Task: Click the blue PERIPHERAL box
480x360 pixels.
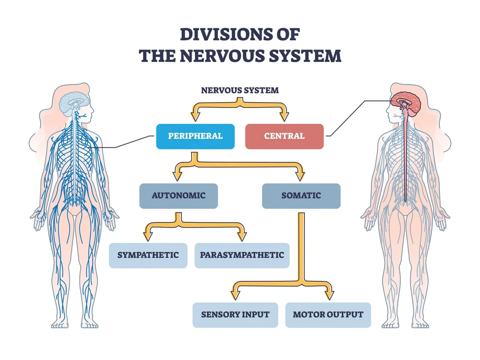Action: click(x=195, y=136)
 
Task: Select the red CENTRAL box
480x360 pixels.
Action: click(x=284, y=136)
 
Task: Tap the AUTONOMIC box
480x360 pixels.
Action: click(x=179, y=196)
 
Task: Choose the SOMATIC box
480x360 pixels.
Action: click(x=301, y=196)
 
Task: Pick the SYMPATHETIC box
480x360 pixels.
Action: click(x=148, y=255)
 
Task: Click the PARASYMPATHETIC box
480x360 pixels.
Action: click(x=242, y=255)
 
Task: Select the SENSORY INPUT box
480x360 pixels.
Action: click(x=235, y=315)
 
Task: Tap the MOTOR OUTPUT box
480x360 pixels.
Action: click(x=328, y=315)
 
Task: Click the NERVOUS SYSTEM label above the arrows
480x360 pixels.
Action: click(x=240, y=90)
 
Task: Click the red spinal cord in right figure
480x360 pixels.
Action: click(x=405, y=158)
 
